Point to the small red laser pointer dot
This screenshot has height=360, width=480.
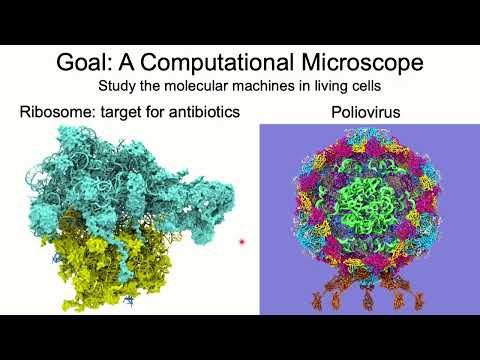[242, 242]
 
